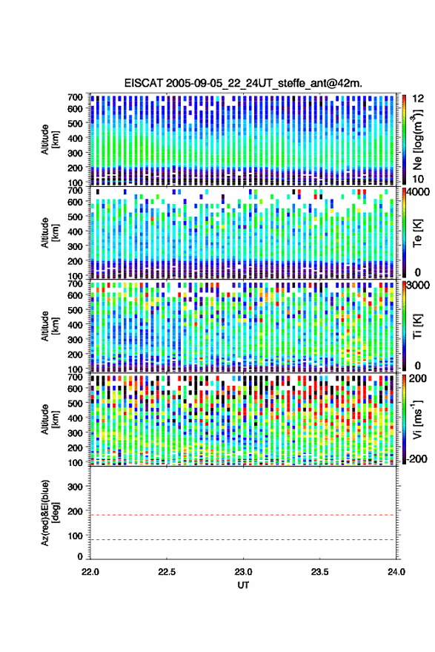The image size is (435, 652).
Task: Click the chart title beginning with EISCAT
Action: click(x=243, y=83)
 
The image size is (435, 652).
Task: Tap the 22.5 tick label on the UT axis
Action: click(x=167, y=572)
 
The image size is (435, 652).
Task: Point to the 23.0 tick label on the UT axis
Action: click(x=243, y=572)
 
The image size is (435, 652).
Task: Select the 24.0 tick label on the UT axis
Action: click(x=396, y=572)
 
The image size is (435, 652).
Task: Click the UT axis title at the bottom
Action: click(x=243, y=585)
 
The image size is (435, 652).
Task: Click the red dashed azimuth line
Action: click(x=243, y=515)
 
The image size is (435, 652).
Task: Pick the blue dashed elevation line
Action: click(x=243, y=540)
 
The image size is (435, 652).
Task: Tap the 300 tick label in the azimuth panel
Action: click(x=75, y=487)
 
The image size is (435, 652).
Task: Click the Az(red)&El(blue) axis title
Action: click(x=50, y=513)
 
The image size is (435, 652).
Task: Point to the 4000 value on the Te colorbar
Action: click(x=416, y=191)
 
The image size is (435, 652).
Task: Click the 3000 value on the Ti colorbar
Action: click(x=417, y=285)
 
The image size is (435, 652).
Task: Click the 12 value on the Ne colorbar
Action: click(x=418, y=98)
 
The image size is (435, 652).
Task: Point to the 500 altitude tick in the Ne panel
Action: click(x=75, y=123)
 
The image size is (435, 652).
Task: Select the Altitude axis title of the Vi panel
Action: click(x=50, y=419)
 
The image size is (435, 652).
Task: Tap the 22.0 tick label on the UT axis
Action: click(x=90, y=572)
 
